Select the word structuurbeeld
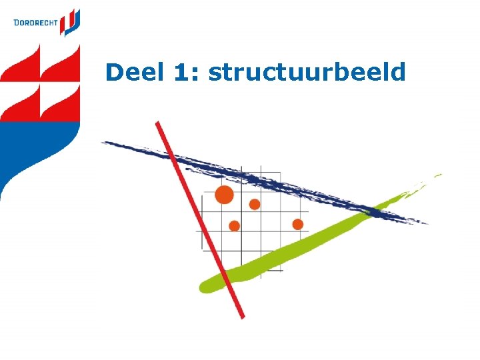point(307,72)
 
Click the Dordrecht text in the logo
point(35,23)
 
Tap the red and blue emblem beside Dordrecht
point(70,22)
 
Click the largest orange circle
point(225,195)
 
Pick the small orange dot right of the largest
point(255,204)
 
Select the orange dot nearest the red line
point(234,226)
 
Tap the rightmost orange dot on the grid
point(297,224)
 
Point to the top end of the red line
point(158,124)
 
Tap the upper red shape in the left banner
point(40,67)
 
